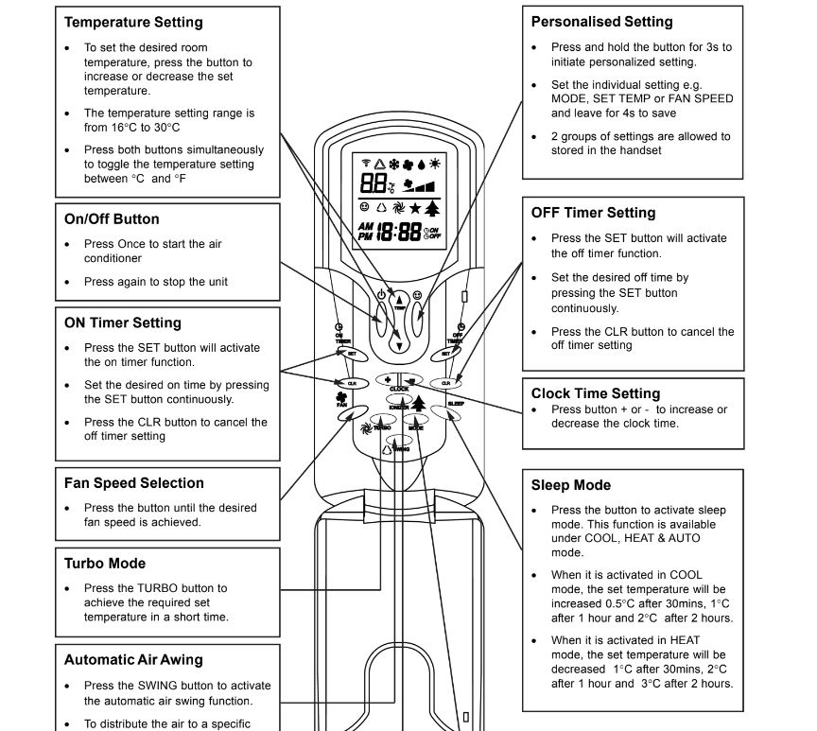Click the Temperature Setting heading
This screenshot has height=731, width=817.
[x=133, y=22]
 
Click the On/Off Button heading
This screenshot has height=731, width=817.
[x=112, y=218]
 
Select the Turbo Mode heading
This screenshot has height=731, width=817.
[x=105, y=563]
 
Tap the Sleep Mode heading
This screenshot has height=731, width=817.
[x=571, y=485]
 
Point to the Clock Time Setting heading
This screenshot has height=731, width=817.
[x=596, y=393]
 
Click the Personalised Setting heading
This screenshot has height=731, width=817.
[x=602, y=21]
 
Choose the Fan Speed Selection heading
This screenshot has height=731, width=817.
[x=134, y=482]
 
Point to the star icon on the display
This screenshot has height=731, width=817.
[x=415, y=208]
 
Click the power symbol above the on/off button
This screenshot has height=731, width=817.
[x=381, y=296]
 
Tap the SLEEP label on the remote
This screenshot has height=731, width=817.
[x=456, y=404]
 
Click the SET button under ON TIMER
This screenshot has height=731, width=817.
[x=351, y=353]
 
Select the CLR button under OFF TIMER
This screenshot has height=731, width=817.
[x=445, y=383]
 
